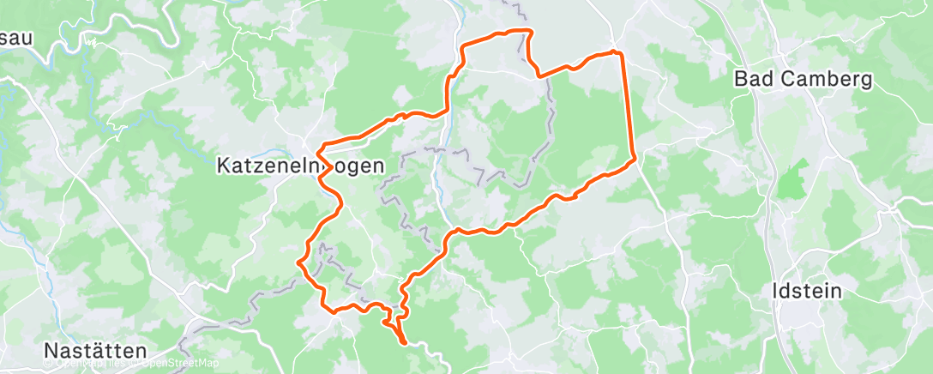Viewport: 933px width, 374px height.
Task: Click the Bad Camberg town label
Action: (x=803, y=80)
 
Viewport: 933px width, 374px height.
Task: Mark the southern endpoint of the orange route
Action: (x=404, y=343)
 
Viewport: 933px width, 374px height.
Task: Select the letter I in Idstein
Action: (x=775, y=291)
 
